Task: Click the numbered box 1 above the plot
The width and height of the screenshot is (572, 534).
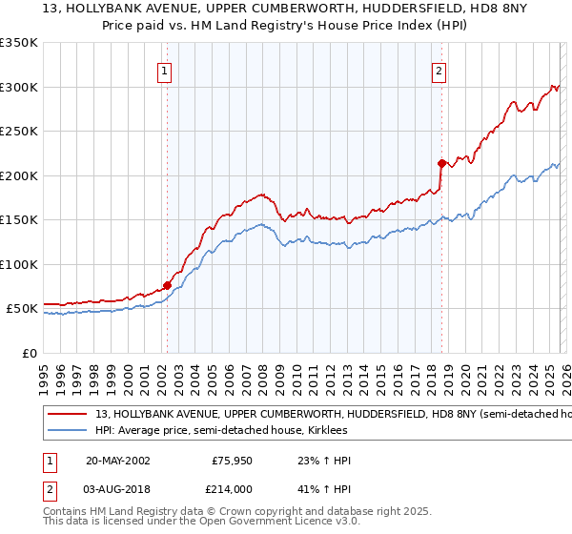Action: point(165,70)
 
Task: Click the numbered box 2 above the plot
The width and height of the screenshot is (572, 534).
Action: point(439,70)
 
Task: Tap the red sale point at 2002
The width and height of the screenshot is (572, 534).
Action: point(167,284)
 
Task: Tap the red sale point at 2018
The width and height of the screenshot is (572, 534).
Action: point(441,162)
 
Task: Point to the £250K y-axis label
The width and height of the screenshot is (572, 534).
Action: point(19,131)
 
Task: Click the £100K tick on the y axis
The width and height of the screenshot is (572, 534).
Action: point(19,264)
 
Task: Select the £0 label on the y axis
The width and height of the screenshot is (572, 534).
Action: point(28,353)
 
